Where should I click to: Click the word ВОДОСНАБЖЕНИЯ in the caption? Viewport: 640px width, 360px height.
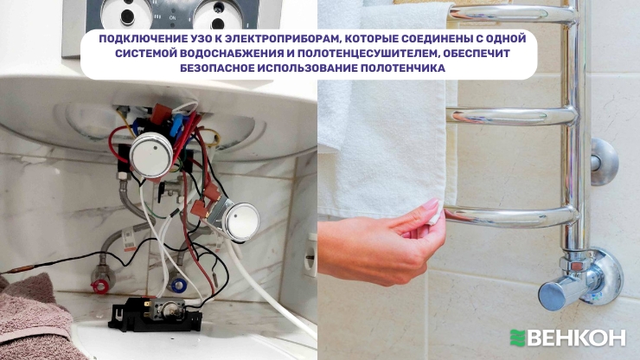point(237,53)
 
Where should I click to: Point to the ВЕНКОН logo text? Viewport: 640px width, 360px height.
point(576,338)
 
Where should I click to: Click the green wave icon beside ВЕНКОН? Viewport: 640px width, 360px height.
point(517,338)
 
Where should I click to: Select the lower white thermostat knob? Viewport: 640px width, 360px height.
point(242,222)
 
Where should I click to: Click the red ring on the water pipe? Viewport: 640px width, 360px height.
point(99,286)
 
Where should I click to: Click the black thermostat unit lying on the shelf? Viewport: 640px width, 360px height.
point(155,313)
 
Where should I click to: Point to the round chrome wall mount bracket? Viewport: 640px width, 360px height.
point(604,162)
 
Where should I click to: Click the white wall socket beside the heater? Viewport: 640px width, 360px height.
point(310,255)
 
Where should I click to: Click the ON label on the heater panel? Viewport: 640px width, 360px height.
point(173,18)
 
